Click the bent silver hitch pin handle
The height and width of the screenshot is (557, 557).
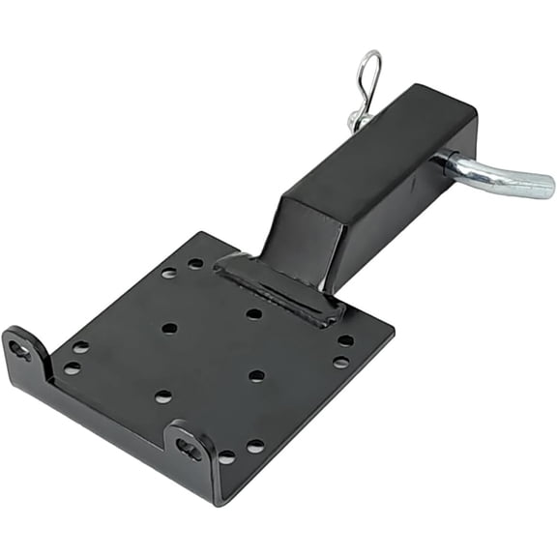pyautogui.click(x=498, y=177)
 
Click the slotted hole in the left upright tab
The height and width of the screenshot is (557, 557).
pyautogui.click(x=20, y=350)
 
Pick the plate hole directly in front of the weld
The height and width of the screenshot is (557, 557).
pyautogui.click(x=253, y=313)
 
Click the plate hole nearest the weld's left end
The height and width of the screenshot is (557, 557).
pyautogui.click(x=195, y=263)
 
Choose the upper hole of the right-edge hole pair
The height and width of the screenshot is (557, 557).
pyautogui.click(x=346, y=340)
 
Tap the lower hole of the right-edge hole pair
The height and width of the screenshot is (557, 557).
pyautogui.click(x=340, y=363)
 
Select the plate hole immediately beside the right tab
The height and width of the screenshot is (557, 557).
pyautogui.click(x=226, y=456)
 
